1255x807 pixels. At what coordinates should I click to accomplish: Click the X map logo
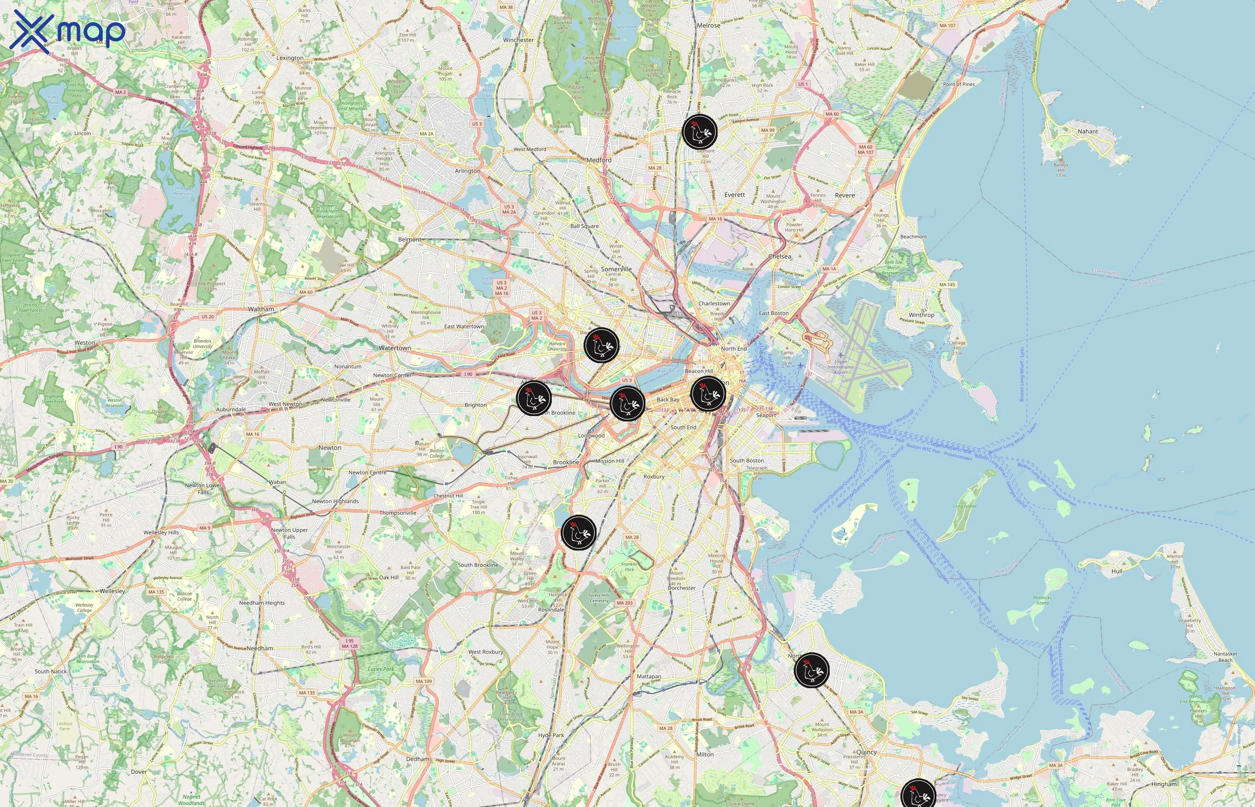click(67, 30)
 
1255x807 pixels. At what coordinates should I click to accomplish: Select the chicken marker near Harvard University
click(602, 345)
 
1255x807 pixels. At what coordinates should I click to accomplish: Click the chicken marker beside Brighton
click(534, 398)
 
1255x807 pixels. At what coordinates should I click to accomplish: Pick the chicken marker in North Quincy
click(811, 670)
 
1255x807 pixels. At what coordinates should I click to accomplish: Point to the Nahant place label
click(1087, 131)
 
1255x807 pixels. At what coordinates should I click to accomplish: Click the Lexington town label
click(290, 58)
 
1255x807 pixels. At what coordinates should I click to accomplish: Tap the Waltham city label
click(261, 309)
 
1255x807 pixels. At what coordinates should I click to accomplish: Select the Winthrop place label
click(922, 315)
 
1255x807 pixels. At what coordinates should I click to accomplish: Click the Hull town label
click(1117, 571)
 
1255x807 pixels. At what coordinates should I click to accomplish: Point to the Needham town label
click(260, 648)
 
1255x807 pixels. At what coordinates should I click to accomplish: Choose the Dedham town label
click(417, 759)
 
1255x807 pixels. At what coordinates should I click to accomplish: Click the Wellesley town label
click(113, 590)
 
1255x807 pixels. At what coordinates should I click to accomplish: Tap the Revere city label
click(844, 195)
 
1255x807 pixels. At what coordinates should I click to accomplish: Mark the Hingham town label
click(1164, 785)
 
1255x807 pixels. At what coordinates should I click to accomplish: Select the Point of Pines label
click(959, 84)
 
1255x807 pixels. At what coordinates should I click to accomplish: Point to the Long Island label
click(965, 506)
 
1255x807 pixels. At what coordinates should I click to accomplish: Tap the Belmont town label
click(410, 239)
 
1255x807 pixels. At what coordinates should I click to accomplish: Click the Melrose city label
click(708, 25)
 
